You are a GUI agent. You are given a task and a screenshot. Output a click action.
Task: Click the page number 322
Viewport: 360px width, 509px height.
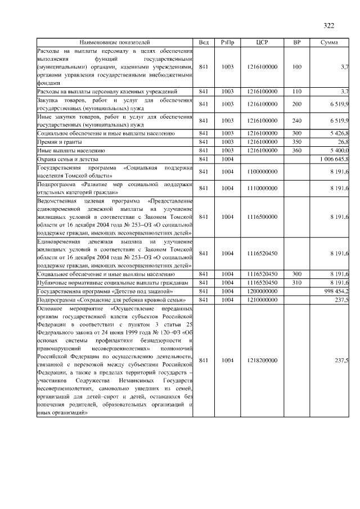[329, 26]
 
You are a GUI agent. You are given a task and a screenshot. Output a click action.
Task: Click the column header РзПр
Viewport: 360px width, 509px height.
[227, 43]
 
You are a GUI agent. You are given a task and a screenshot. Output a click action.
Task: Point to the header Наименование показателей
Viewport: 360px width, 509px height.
[115, 43]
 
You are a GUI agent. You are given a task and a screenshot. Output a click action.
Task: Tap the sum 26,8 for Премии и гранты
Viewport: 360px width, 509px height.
[343, 142]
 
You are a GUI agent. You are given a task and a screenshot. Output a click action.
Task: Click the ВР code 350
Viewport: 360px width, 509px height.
[297, 142]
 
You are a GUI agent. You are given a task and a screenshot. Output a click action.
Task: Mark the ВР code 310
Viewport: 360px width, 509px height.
[297, 282]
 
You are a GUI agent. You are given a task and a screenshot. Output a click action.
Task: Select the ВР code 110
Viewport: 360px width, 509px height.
[297, 91]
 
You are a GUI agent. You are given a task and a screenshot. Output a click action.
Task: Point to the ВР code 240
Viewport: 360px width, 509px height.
[297, 120]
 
